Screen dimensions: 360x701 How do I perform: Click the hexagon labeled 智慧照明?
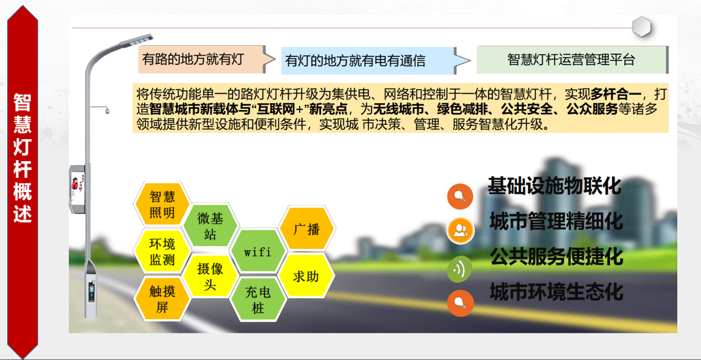click(x=162, y=204)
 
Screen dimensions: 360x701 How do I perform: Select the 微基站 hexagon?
click(x=210, y=226)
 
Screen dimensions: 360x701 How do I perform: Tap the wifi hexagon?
click(x=258, y=252)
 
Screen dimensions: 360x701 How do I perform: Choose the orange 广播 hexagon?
click(x=306, y=228)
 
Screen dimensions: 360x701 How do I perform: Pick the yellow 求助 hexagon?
click(x=306, y=276)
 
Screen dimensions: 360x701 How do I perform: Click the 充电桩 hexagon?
click(x=258, y=300)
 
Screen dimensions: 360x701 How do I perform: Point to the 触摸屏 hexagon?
click(x=162, y=299)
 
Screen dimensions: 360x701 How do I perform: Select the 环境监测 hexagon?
click(x=162, y=251)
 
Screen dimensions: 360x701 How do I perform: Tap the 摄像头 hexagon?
click(x=210, y=276)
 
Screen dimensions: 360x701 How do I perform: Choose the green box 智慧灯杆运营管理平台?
click(x=571, y=60)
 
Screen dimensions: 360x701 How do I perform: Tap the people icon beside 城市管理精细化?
click(x=460, y=231)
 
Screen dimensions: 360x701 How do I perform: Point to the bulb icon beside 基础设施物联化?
click(x=460, y=196)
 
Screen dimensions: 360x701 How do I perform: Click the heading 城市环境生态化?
click(x=556, y=292)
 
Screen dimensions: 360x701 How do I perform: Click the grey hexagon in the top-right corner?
click(x=641, y=27)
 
